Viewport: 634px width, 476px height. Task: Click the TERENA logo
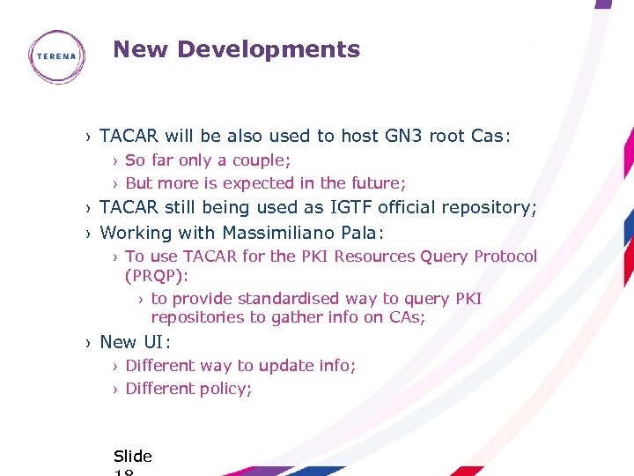tap(56, 56)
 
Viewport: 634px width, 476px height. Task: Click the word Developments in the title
tap(269, 49)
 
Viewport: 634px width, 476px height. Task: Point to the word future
tap(378, 183)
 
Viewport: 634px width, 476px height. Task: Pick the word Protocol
tap(505, 257)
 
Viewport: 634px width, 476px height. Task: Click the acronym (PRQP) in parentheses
tap(157, 276)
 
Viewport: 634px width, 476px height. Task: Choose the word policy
tap(225, 389)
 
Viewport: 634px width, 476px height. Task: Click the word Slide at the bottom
tap(133, 457)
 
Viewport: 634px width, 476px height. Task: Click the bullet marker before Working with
tap(89, 234)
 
